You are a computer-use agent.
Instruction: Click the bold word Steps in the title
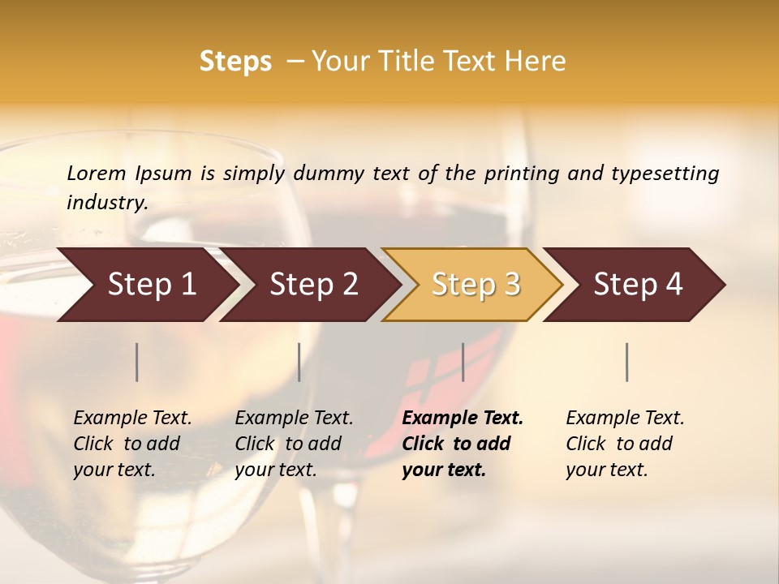235,62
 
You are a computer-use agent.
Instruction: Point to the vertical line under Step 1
137,362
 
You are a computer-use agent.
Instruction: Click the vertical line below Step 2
299,362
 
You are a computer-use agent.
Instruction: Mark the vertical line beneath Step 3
463,362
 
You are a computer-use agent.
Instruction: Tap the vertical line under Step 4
627,362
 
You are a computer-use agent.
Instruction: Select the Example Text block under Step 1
132,444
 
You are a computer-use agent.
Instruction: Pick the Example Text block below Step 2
294,444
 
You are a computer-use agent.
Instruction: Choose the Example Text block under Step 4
625,444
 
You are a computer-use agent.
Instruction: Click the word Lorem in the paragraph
97,174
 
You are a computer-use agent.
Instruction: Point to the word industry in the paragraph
107,203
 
